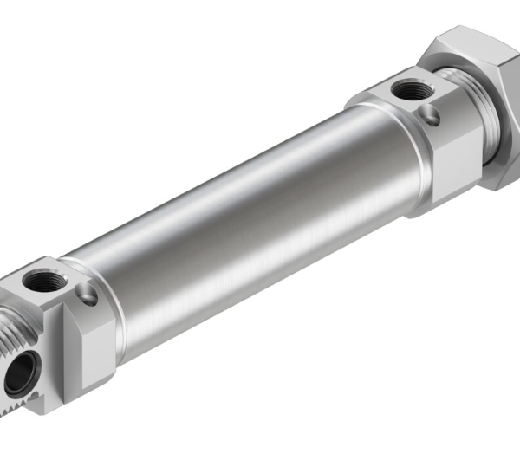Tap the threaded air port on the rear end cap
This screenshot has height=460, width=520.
click(403, 88)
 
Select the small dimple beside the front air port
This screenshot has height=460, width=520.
click(88, 296)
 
